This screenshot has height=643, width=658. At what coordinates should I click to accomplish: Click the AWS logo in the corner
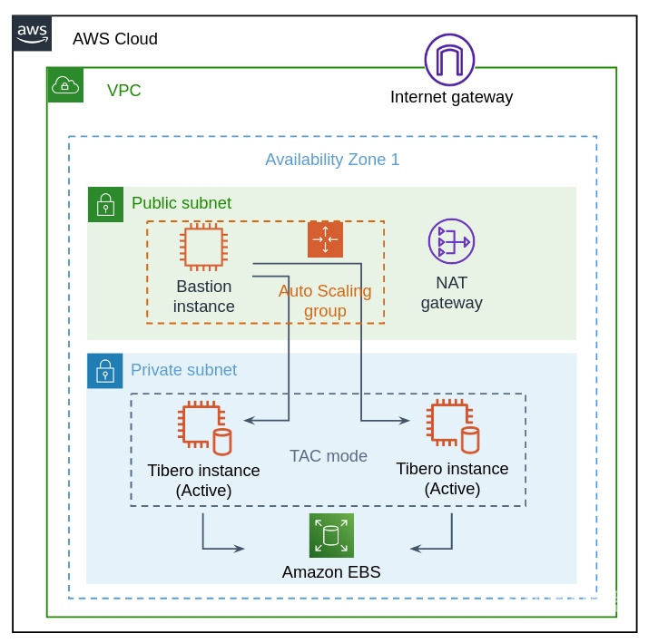(33, 33)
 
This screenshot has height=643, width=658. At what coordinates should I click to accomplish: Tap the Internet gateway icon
(449, 59)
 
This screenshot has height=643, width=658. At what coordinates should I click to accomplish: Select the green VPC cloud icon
(65, 85)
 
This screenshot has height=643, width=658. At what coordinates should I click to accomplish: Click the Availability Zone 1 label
(332, 160)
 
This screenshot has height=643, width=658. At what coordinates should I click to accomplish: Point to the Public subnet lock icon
(105, 204)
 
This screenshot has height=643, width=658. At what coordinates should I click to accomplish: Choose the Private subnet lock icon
(105, 371)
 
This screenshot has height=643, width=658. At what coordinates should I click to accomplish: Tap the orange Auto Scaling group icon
(325, 239)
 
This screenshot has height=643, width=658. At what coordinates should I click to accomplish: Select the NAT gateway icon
(451, 241)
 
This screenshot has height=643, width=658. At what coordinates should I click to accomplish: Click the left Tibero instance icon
(204, 428)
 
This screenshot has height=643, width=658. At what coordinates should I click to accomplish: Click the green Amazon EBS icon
(330, 535)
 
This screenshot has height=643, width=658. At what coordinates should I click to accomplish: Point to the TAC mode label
(329, 456)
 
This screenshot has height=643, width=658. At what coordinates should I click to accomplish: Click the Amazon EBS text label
(331, 572)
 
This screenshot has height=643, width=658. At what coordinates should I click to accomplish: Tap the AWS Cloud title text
(115, 39)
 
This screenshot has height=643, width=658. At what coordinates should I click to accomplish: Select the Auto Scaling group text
(325, 301)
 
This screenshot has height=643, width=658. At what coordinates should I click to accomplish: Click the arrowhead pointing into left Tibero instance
(250, 421)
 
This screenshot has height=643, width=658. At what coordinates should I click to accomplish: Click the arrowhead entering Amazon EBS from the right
(417, 549)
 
